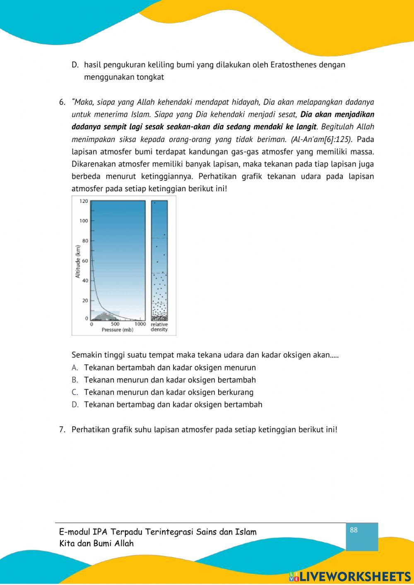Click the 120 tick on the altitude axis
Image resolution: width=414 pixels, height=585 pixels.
84,201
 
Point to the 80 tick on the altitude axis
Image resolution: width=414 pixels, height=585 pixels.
85,241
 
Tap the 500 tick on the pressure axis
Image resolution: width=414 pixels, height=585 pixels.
115,324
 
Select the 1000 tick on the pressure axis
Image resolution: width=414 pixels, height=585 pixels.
140,324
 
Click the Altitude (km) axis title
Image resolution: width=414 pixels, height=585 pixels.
77,261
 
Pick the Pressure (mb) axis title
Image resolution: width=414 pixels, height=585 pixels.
117,330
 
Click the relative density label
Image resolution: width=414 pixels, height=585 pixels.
159,327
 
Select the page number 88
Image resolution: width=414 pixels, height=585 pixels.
354,530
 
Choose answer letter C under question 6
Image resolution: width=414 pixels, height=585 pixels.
75,392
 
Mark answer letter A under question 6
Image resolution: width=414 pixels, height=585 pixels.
75,368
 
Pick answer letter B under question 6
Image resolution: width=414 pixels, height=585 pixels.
75,380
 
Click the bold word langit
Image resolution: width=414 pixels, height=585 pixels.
305,127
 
